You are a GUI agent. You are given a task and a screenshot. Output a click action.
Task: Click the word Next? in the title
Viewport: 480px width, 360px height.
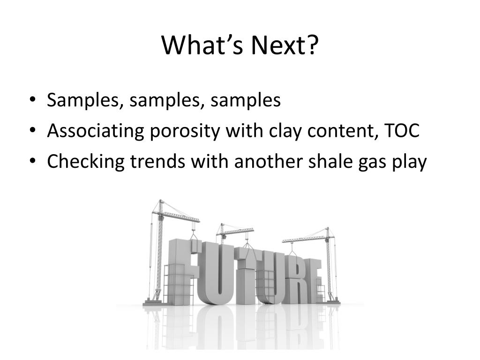tap(285, 45)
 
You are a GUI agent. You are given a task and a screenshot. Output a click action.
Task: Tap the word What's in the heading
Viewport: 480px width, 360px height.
tap(202, 45)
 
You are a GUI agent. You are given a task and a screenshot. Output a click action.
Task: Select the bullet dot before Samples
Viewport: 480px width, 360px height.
tap(33, 100)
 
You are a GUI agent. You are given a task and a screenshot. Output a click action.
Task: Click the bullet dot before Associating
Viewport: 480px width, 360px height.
tap(33, 130)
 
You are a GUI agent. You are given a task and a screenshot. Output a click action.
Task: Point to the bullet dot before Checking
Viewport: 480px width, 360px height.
tap(33, 161)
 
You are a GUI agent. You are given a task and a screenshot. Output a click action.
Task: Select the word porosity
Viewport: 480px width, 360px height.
tap(185, 132)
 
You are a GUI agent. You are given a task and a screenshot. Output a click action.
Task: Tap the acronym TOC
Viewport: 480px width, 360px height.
tap(401, 131)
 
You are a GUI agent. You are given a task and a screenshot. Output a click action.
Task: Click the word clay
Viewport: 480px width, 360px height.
tap(285, 132)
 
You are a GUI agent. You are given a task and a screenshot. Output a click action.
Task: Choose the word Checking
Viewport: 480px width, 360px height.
tap(86, 162)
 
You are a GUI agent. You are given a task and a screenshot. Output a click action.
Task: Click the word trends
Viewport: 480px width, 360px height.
tap(157, 161)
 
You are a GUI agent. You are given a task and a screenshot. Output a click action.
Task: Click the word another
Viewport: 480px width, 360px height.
tap(268, 161)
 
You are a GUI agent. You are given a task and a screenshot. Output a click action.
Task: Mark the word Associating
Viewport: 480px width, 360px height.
tap(96, 132)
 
